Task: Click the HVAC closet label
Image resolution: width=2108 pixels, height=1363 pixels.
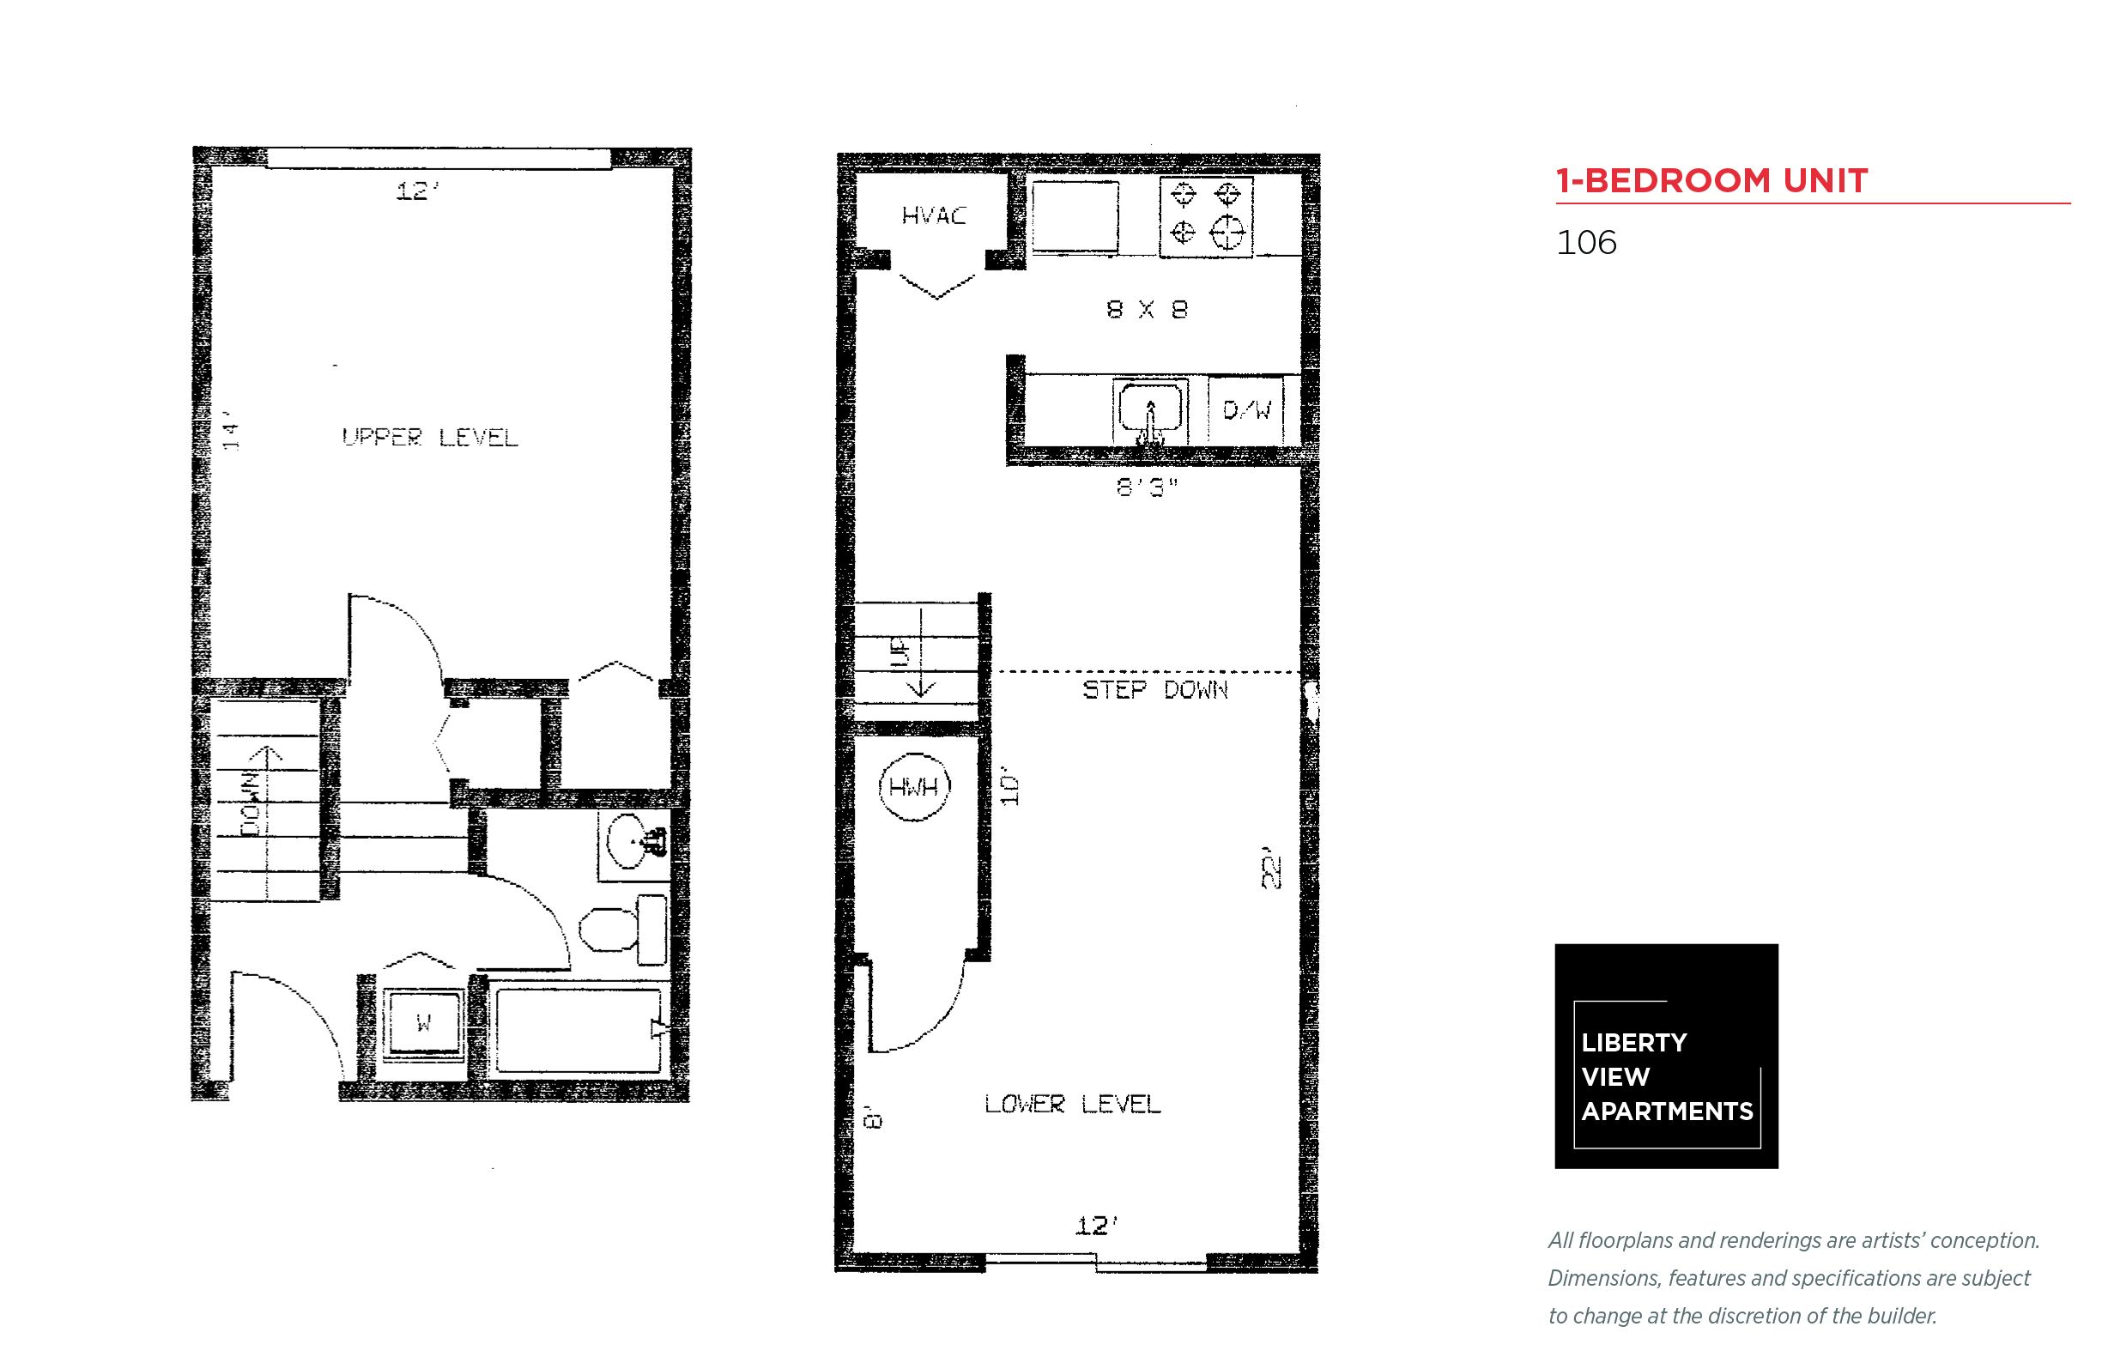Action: tap(933, 215)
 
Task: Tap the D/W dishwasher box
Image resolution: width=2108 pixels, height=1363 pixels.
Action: tap(1245, 409)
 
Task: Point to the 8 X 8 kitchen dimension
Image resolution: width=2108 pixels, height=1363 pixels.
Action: tap(1146, 309)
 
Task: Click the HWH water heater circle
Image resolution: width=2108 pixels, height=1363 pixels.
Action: tap(913, 787)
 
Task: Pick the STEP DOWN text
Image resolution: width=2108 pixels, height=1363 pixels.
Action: tap(1155, 689)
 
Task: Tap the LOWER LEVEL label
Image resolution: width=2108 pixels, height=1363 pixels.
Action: tap(1072, 1104)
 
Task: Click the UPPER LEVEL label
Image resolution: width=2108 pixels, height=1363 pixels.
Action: tap(429, 436)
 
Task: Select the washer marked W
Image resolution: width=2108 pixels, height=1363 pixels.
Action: tap(424, 1022)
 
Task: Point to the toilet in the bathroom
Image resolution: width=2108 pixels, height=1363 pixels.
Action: tap(623, 930)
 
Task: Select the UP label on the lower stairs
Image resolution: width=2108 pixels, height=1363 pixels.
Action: tap(900, 652)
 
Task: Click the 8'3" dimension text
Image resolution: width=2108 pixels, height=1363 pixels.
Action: tap(1146, 487)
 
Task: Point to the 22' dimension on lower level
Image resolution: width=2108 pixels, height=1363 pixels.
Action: tap(1271, 868)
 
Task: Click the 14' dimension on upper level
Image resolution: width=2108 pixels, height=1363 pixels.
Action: tap(231, 430)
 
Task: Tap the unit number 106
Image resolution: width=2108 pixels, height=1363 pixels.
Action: tap(1586, 243)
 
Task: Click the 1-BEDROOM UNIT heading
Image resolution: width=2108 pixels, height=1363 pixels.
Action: tap(1711, 180)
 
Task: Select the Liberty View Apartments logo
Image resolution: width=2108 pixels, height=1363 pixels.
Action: tap(1666, 1056)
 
